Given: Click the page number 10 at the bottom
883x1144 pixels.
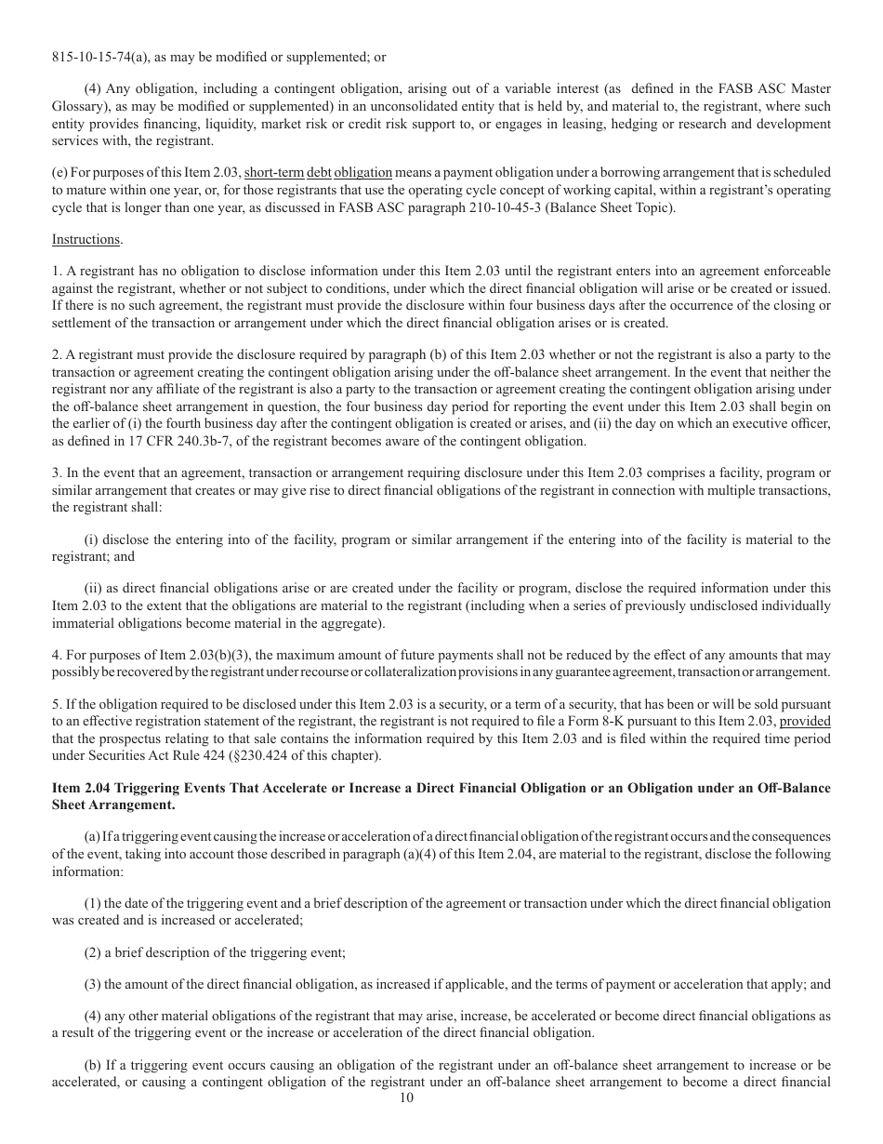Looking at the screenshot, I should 406,1097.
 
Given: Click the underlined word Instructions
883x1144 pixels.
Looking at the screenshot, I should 86,239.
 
